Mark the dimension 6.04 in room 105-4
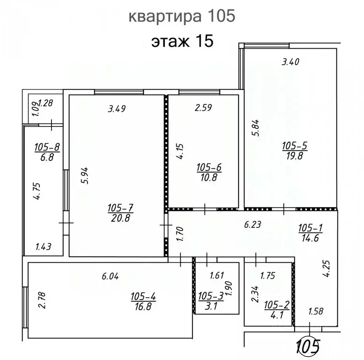coord(111,277)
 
